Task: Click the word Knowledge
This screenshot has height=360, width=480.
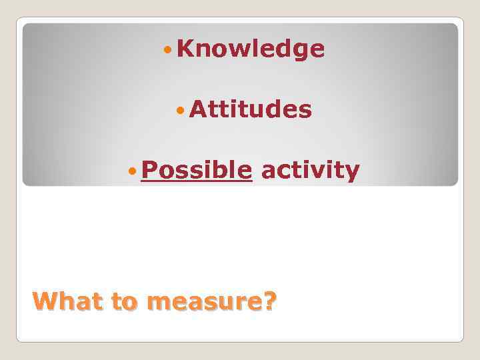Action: tap(251, 49)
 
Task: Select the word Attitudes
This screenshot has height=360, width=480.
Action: tap(250, 109)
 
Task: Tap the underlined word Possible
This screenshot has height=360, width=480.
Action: tap(197, 171)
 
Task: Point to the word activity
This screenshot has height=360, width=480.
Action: tap(310, 171)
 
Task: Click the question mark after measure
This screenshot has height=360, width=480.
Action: tap(268, 302)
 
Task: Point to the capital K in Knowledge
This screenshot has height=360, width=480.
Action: tap(186, 48)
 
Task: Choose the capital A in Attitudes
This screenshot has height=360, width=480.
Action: tap(197, 109)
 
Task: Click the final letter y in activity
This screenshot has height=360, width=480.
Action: tap(353, 173)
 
